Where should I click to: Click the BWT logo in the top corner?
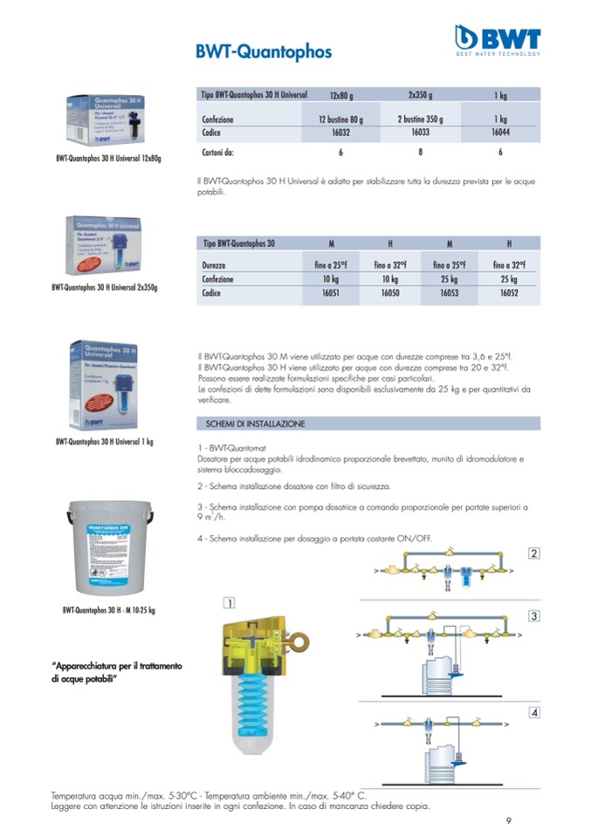pos(498,39)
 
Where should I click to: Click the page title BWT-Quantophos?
pos(264,52)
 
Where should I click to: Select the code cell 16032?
pos(340,134)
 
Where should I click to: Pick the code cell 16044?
pos(500,134)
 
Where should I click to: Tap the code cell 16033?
pos(422,134)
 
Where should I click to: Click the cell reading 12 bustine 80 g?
pos(340,119)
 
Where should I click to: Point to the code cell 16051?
pos(330,294)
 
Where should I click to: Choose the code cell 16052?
pos(509,294)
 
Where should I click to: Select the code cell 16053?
pos(449,294)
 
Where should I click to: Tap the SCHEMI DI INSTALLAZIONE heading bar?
pos(368,423)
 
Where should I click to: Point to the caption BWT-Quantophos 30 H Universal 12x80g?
pos(108,159)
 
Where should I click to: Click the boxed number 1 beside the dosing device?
pos(229,602)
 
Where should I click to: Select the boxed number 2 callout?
pos(533,552)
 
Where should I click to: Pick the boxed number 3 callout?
pos(533,616)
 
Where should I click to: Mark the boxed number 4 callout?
pos(533,713)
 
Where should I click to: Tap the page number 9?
pos(509,820)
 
